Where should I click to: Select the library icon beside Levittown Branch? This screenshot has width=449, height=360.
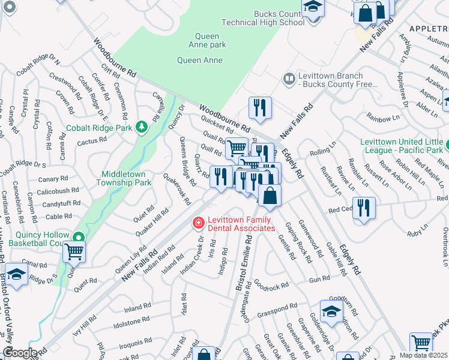289,79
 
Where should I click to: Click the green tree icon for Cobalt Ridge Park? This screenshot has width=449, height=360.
141,127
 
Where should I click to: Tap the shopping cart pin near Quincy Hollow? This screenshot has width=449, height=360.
74,251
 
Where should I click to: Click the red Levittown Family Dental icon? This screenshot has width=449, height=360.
197,223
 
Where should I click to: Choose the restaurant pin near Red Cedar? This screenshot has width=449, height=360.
364,208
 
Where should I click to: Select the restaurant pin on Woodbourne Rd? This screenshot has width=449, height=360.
260,108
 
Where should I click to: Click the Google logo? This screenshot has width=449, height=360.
19,352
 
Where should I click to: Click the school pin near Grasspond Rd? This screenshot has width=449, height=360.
331,311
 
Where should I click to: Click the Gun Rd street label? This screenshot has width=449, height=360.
319,279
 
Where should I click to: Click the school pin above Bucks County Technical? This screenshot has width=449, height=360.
313,7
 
